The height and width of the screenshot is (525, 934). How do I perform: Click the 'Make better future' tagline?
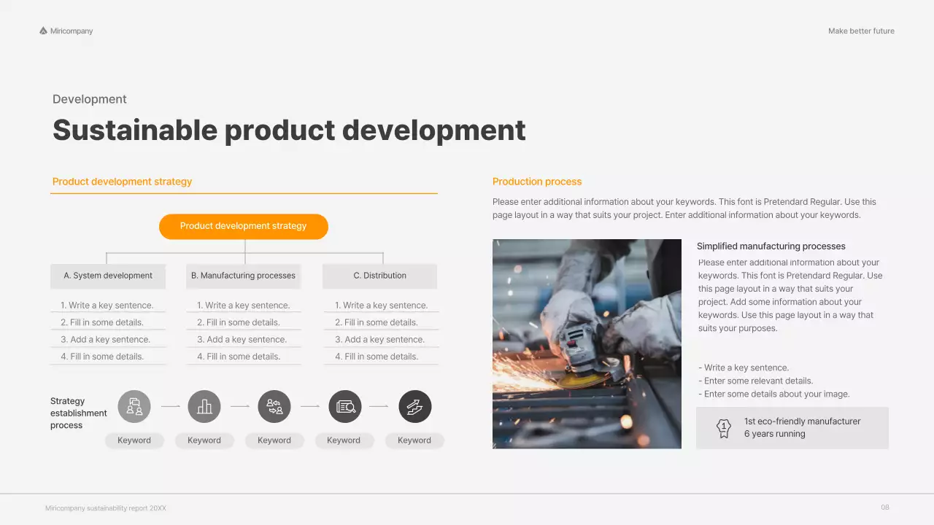tap(861, 31)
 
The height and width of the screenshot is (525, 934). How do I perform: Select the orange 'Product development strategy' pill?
tap(244, 226)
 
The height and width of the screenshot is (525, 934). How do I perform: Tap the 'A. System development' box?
tap(108, 276)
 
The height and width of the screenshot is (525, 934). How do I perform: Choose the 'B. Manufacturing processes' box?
tap(243, 276)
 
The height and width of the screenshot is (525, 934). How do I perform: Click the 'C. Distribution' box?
tap(379, 276)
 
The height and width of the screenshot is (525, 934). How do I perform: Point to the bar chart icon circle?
tap(204, 406)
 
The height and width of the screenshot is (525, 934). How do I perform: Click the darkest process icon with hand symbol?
tap(414, 406)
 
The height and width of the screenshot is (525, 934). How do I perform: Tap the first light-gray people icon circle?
tap(134, 406)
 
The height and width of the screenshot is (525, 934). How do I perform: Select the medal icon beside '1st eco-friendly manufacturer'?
tap(723, 427)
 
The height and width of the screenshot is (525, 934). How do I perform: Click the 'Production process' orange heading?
tap(537, 182)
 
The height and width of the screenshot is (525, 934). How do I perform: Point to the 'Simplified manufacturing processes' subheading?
tap(771, 246)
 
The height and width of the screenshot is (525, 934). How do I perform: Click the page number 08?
tap(885, 507)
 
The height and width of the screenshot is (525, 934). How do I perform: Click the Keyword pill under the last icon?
tap(414, 440)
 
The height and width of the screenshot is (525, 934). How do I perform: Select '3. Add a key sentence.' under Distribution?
tap(379, 340)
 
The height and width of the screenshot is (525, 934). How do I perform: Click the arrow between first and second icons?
tap(170, 406)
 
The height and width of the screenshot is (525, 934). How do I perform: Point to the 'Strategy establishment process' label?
tap(78, 413)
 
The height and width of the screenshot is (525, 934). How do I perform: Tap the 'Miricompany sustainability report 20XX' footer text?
tap(106, 508)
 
